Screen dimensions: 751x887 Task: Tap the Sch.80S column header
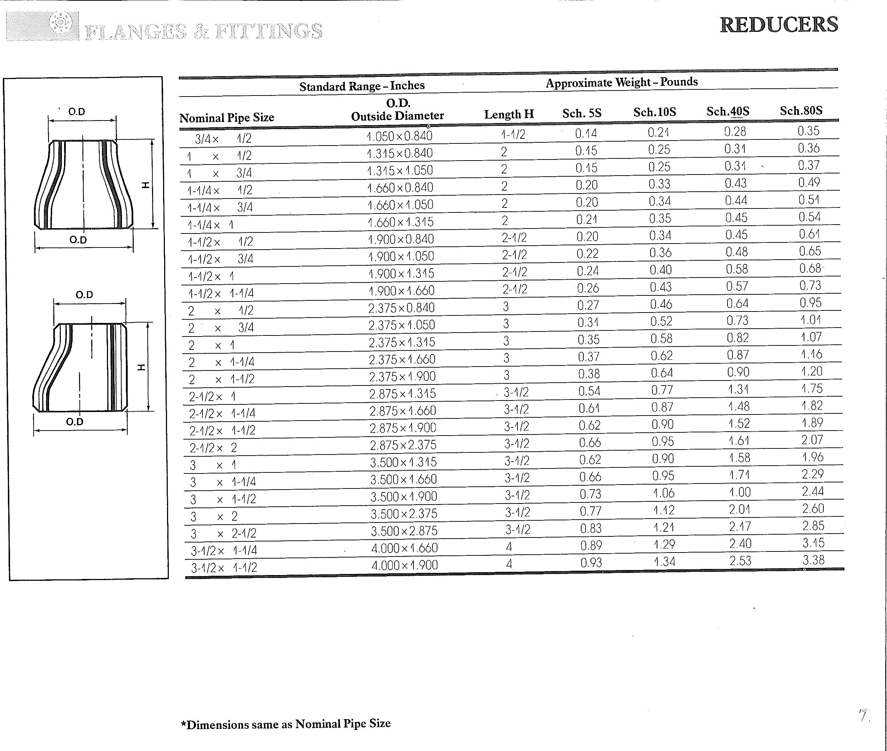[801, 111]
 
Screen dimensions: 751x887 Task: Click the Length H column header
[509, 114]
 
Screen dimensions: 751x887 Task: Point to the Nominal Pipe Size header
[226, 118]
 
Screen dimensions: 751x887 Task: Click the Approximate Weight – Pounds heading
[622, 82]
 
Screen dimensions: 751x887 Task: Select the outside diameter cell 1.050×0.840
[400, 136]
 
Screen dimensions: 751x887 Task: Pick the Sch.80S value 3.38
[813, 560]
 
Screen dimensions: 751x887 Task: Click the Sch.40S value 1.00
[740, 492]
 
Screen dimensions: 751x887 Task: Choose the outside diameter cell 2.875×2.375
[403, 445]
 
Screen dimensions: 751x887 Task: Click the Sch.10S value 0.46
[661, 304]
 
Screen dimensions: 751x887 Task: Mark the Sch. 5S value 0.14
[586, 134]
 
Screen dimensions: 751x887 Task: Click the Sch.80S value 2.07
[812, 440]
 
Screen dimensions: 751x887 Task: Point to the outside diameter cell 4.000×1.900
[405, 565]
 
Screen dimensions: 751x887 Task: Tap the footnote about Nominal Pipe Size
[285, 724]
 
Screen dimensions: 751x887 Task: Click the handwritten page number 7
[864, 715]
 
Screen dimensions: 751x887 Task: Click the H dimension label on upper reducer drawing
[146, 184]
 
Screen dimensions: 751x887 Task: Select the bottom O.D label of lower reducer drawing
[75, 422]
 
